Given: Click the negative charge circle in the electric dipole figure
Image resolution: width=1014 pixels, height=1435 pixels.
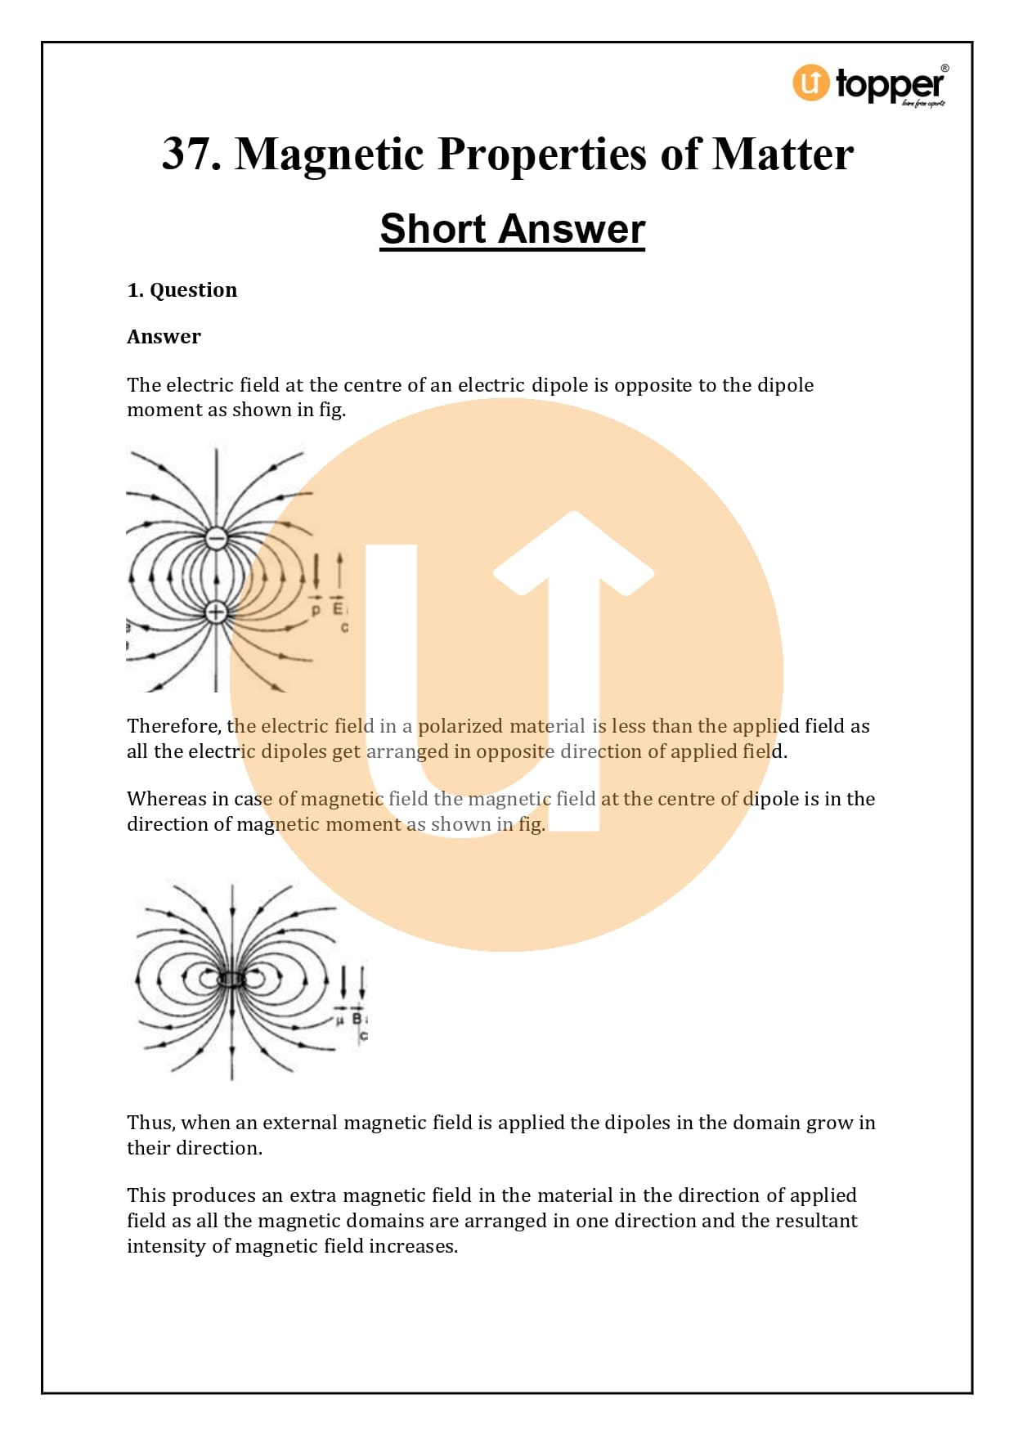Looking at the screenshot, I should (216, 538).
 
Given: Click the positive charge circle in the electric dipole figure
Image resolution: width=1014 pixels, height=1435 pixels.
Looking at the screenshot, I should (216, 611).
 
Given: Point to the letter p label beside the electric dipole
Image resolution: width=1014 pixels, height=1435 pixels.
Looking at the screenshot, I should (316, 611).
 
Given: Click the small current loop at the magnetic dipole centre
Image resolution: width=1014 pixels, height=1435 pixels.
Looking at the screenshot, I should (232, 979).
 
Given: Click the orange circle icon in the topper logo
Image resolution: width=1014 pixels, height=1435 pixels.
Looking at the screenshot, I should (810, 83).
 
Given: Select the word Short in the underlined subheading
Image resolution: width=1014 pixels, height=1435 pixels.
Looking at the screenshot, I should (432, 228).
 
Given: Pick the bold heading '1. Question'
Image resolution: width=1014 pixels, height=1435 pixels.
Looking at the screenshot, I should (182, 290).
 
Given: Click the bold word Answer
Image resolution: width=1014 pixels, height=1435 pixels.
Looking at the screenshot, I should (164, 337).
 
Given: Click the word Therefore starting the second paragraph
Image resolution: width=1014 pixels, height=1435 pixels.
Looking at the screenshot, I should (173, 726).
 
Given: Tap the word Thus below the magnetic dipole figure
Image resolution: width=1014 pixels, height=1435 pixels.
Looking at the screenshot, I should (150, 1123).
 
